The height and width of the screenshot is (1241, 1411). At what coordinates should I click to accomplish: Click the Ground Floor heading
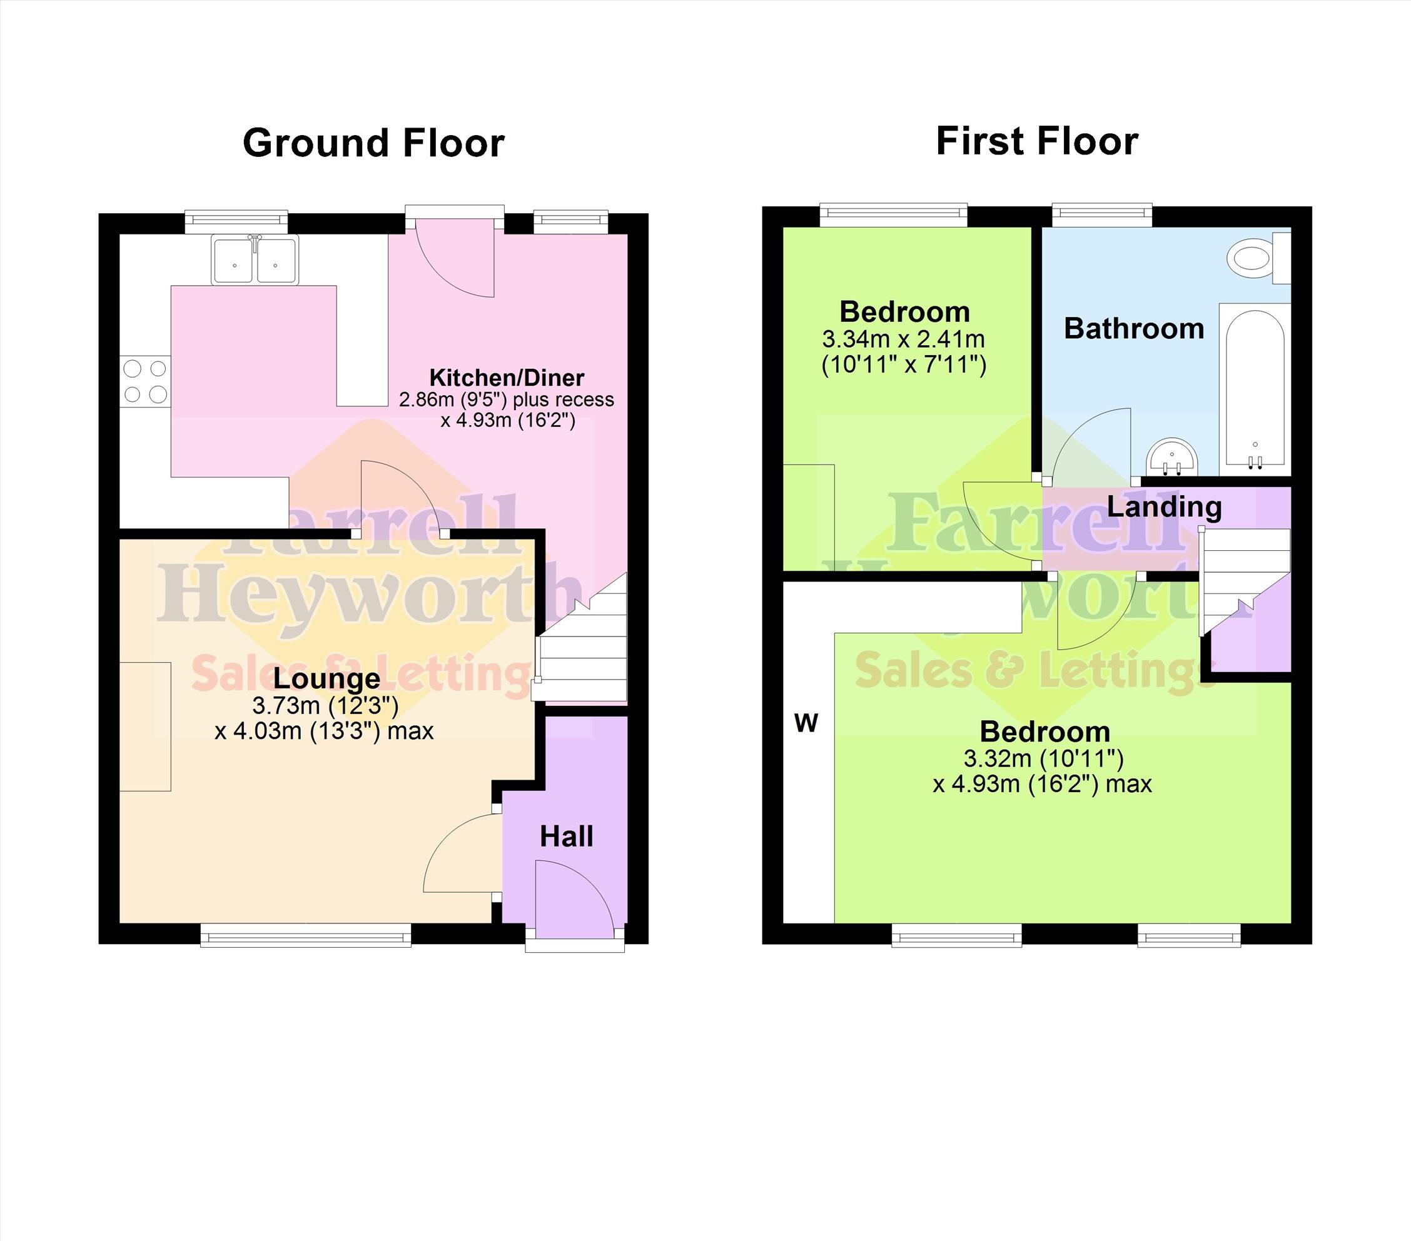pyautogui.click(x=373, y=143)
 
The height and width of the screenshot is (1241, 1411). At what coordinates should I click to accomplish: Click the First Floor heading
pyautogui.click(x=1037, y=141)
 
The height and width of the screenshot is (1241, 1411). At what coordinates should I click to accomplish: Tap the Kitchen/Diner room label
pyautogui.click(x=507, y=378)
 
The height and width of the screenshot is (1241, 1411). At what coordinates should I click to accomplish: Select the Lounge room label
pyautogui.click(x=326, y=678)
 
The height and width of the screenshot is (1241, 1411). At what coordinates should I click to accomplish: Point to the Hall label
pyautogui.click(x=567, y=837)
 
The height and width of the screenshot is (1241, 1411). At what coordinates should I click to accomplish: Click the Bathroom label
pyautogui.click(x=1134, y=329)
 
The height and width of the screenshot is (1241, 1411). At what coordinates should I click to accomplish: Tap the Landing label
pyautogui.click(x=1165, y=507)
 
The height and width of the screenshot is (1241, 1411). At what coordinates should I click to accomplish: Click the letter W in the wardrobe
pyautogui.click(x=806, y=723)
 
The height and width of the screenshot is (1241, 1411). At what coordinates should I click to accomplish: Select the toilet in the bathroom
pyautogui.click(x=1258, y=259)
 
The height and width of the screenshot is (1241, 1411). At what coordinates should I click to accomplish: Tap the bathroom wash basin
pyautogui.click(x=1172, y=456)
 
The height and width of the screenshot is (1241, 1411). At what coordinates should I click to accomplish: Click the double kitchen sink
pyautogui.click(x=255, y=260)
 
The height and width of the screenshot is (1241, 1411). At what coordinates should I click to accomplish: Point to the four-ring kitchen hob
pyautogui.click(x=145, y=381)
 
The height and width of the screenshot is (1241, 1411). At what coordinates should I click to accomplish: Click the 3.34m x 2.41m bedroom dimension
pyautogui.click(x=904, y=339)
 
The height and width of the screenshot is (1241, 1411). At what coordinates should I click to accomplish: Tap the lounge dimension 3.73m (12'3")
pyautogui.click(x=325, y=705)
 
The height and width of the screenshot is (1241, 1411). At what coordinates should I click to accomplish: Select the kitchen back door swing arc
pyautogui.click(x=455, y=260)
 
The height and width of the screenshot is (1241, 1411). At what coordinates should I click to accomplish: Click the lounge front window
pyautogui.click(x=306, y=936)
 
